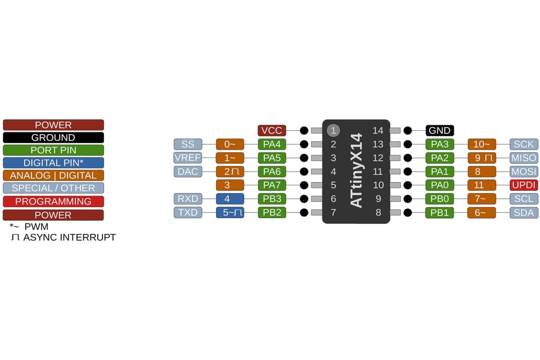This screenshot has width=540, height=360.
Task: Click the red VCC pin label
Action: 272,130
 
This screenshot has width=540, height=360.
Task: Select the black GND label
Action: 440,130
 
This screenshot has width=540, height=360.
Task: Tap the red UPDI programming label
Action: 523,185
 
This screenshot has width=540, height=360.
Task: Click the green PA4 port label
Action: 272,144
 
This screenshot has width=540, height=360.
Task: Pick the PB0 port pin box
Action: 440,198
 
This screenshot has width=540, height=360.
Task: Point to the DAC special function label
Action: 188,171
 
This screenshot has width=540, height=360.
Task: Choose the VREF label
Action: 188,157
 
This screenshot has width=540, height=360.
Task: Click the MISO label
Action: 523,157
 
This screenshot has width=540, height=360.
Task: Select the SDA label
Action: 523,212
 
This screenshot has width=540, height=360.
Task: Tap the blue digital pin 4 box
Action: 230,198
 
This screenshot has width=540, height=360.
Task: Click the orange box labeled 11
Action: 481,185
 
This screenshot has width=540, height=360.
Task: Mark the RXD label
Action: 188,198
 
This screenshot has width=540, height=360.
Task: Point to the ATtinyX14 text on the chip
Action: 356,171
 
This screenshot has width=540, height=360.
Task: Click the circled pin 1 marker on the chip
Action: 333,130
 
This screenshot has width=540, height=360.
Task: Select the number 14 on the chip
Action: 378,130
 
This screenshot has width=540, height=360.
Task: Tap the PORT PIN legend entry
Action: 53,150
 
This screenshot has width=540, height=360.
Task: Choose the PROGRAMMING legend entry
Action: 53,201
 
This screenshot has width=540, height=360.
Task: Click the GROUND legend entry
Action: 53,138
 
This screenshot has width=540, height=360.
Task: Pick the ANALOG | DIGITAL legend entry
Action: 53,175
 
